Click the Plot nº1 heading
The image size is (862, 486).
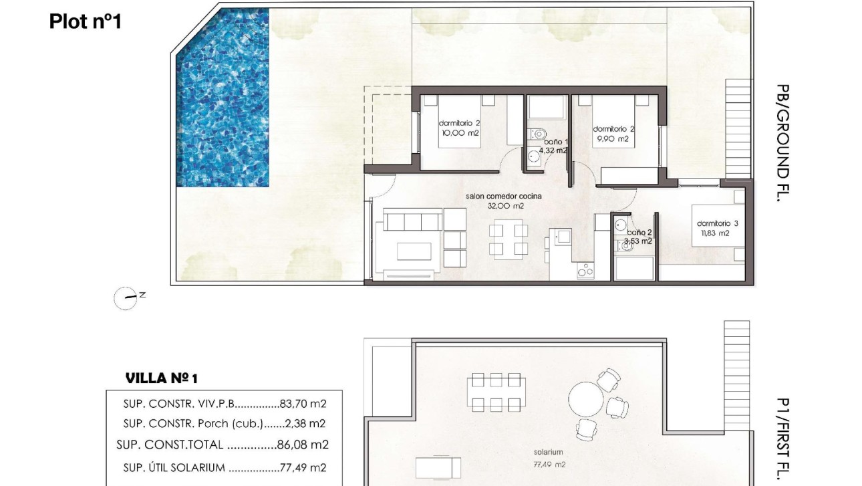pos(85,21)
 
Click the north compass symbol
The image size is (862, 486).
pos(125,297)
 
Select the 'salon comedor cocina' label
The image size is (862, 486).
pos(504,197)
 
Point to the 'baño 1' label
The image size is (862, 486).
pos(555,142)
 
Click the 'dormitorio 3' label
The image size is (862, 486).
pos(717,223)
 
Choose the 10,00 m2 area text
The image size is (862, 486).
pos(460,133)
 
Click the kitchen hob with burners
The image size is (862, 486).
pos(585,270)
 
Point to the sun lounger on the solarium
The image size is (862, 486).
pos(438,466)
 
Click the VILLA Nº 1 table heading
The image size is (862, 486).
pos(162,379)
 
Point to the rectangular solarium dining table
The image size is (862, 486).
pos(494,392)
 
